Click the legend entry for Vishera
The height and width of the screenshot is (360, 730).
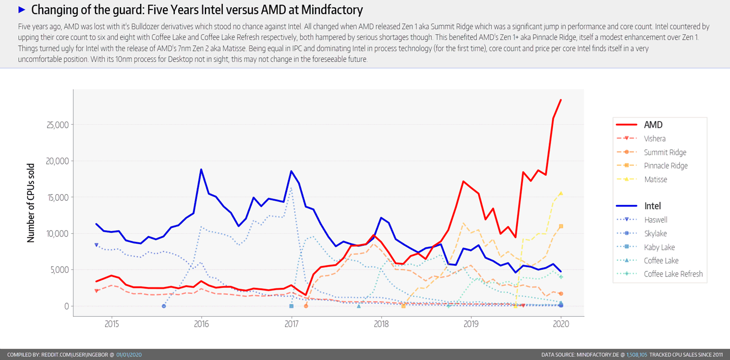(x=654, y=139)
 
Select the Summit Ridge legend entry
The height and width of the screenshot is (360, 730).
(x=665, y=152)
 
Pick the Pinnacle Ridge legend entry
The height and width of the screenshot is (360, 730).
(x=665, y=166)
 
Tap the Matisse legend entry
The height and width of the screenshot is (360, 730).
(x=655, y=179)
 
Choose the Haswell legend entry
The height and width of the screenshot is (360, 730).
(x=655, y=220)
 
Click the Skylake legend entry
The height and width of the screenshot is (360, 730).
(x=655, y=234)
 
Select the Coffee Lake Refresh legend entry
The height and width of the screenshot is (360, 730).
(x=673, y=274)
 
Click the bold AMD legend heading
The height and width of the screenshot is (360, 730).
(x=653, y=125)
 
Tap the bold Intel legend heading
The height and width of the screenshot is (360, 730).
(x=652, y=206)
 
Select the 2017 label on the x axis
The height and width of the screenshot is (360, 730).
(x=291, y=324)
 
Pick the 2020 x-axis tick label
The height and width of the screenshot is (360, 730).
(x=561, y=324)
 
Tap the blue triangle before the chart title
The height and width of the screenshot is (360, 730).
(x=21, y=10)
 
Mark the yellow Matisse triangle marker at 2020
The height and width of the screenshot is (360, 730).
(x=561, y=193)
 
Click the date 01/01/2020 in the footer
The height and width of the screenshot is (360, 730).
(x=128, y=355)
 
